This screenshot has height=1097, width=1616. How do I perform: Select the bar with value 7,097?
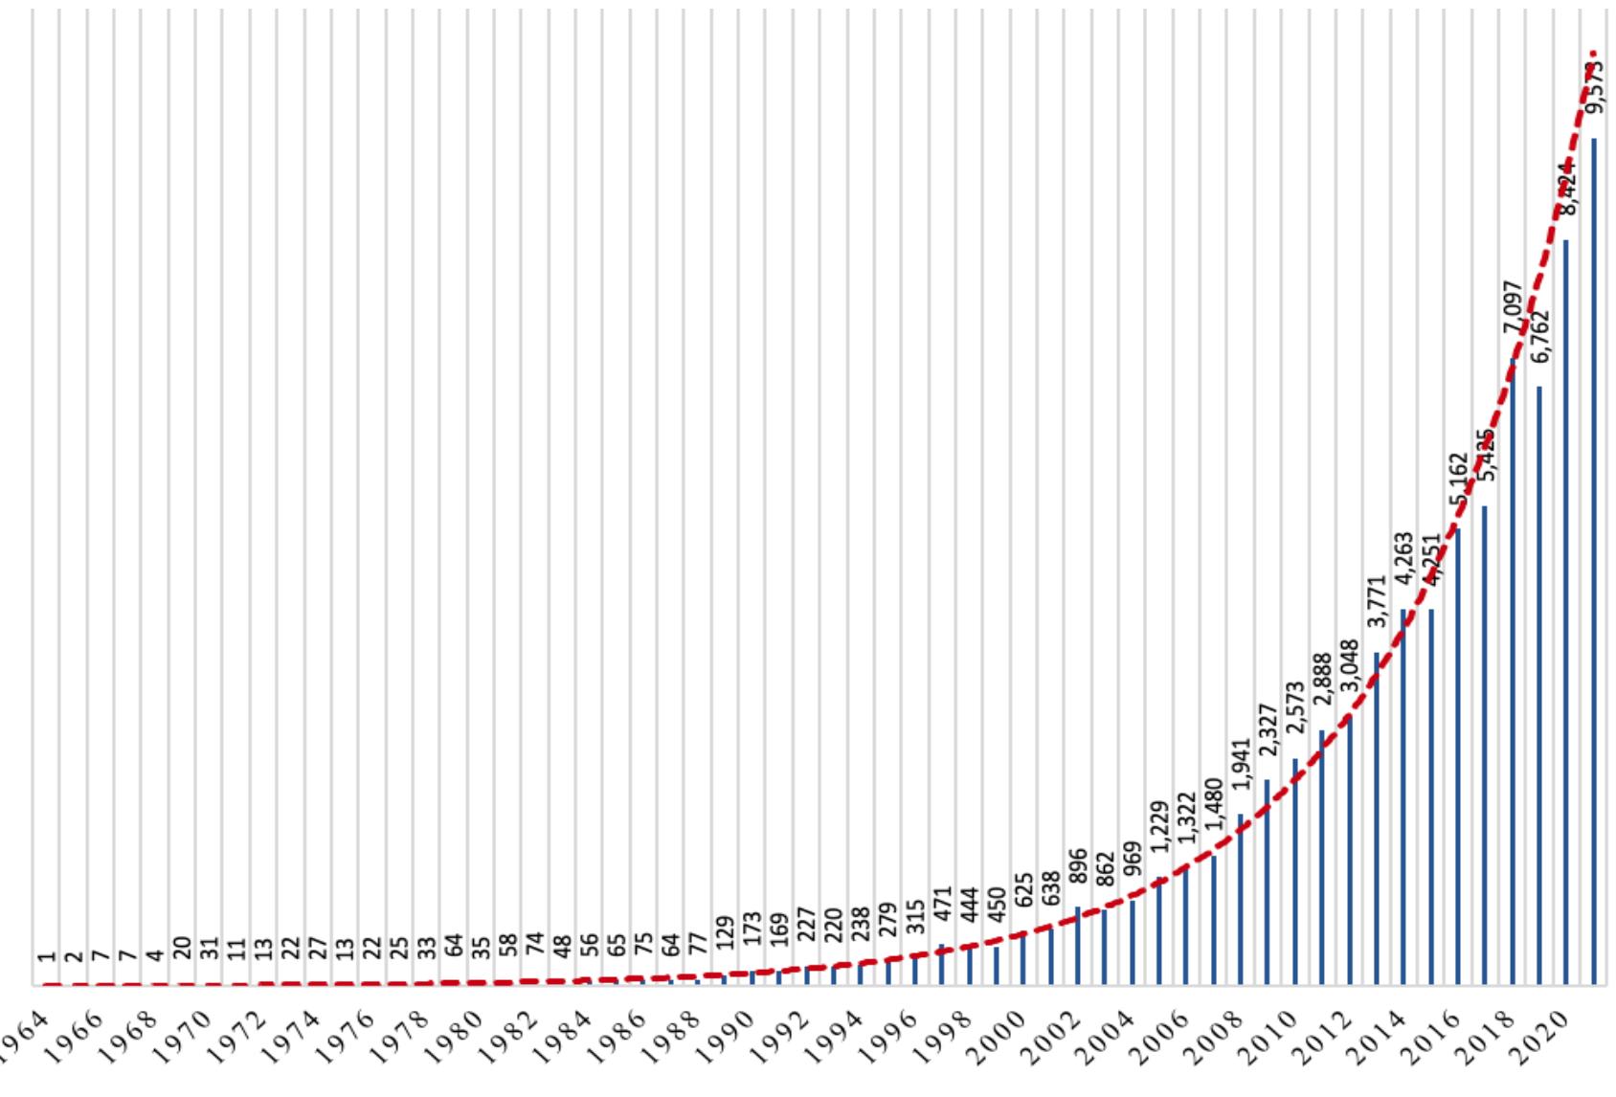click(1513, 670)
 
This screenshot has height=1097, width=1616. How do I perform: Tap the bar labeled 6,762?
click(1539, 684)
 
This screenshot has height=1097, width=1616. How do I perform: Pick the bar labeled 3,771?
click(1377, 818)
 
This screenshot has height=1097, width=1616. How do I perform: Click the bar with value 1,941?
click(1241, 899)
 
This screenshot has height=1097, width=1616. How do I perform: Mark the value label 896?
click(1078, 869)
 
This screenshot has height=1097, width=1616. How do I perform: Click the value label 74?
click(535, 944)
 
